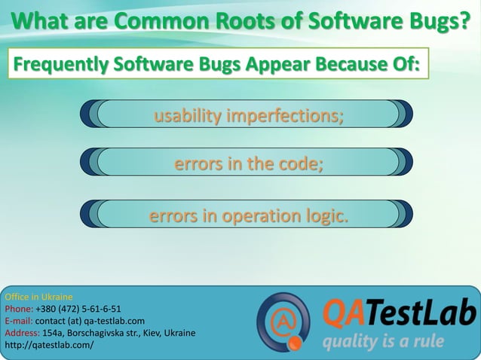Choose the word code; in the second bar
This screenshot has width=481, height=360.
pyautogui.click(x=300, y=164)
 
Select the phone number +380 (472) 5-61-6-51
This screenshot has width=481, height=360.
pyautogui.click(x=78, y=308)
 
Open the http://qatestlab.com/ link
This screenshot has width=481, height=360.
pyautogui.click(x=49, y=345)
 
